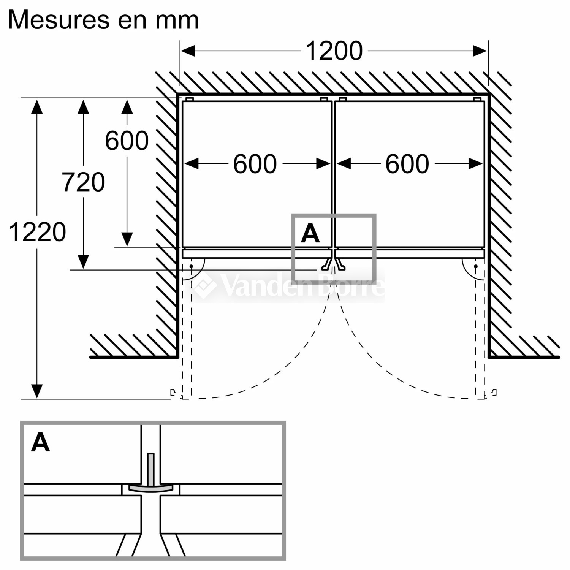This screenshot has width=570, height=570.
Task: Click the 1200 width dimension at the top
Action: [x=334, y=51]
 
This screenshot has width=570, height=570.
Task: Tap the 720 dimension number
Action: [x=83, y=182]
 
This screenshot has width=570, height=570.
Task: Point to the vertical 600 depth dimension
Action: [x=127, y=141]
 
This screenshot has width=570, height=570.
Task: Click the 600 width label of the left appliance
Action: [x=255, y=164]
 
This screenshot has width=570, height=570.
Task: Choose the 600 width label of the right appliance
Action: [x=407, y=164]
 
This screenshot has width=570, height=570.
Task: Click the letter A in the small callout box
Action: [x=310, y=233]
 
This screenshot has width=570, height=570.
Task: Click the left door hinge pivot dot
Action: [x=191, y=266]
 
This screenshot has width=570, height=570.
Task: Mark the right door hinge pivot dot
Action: [x=476, y=266]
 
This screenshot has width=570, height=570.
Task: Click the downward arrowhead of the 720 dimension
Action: [x=83, y=262]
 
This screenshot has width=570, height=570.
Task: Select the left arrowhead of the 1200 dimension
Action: [x=188, y=51]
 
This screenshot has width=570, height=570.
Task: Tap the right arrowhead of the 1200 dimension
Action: [x=480, y=51]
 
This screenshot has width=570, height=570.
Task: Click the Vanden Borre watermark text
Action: [x=289, y=286]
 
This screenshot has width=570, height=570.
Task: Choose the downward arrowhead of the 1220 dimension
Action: [x=37, y=391]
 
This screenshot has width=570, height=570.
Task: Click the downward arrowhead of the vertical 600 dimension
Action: [x=127, y=239]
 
